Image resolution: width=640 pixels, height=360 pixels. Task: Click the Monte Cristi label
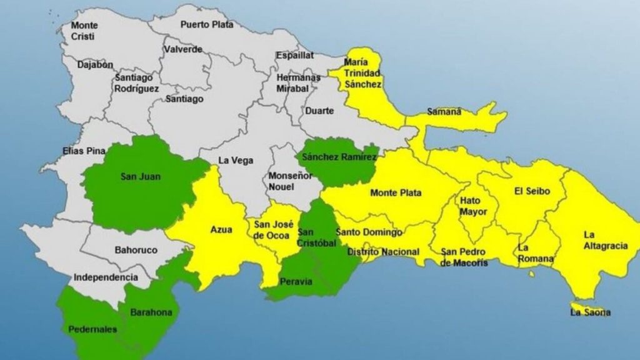coord(84,31)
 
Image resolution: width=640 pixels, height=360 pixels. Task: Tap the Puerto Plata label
coord(207,25)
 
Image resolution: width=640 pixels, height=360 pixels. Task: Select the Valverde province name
coord(182,49)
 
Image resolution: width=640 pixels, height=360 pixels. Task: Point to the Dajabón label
coord(95,64)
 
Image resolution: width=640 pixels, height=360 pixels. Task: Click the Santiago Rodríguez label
coord(137,84)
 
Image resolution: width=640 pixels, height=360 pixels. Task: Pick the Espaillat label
coord(295,55)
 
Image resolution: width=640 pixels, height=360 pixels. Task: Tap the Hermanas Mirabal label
coord(299,83)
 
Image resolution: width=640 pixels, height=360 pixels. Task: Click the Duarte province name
coord(319,111)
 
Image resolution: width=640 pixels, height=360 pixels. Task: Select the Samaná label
coord(444,112)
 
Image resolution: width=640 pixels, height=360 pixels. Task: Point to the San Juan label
coord(141,177)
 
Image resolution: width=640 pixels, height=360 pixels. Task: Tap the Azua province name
coord(221,230)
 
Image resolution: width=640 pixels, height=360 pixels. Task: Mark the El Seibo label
coord(532,191)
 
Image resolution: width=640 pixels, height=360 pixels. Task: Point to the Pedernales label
coord(92,329)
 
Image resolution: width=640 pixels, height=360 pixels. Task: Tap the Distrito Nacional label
coord(383,252)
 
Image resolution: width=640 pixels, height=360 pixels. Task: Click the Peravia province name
coord(296,281)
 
